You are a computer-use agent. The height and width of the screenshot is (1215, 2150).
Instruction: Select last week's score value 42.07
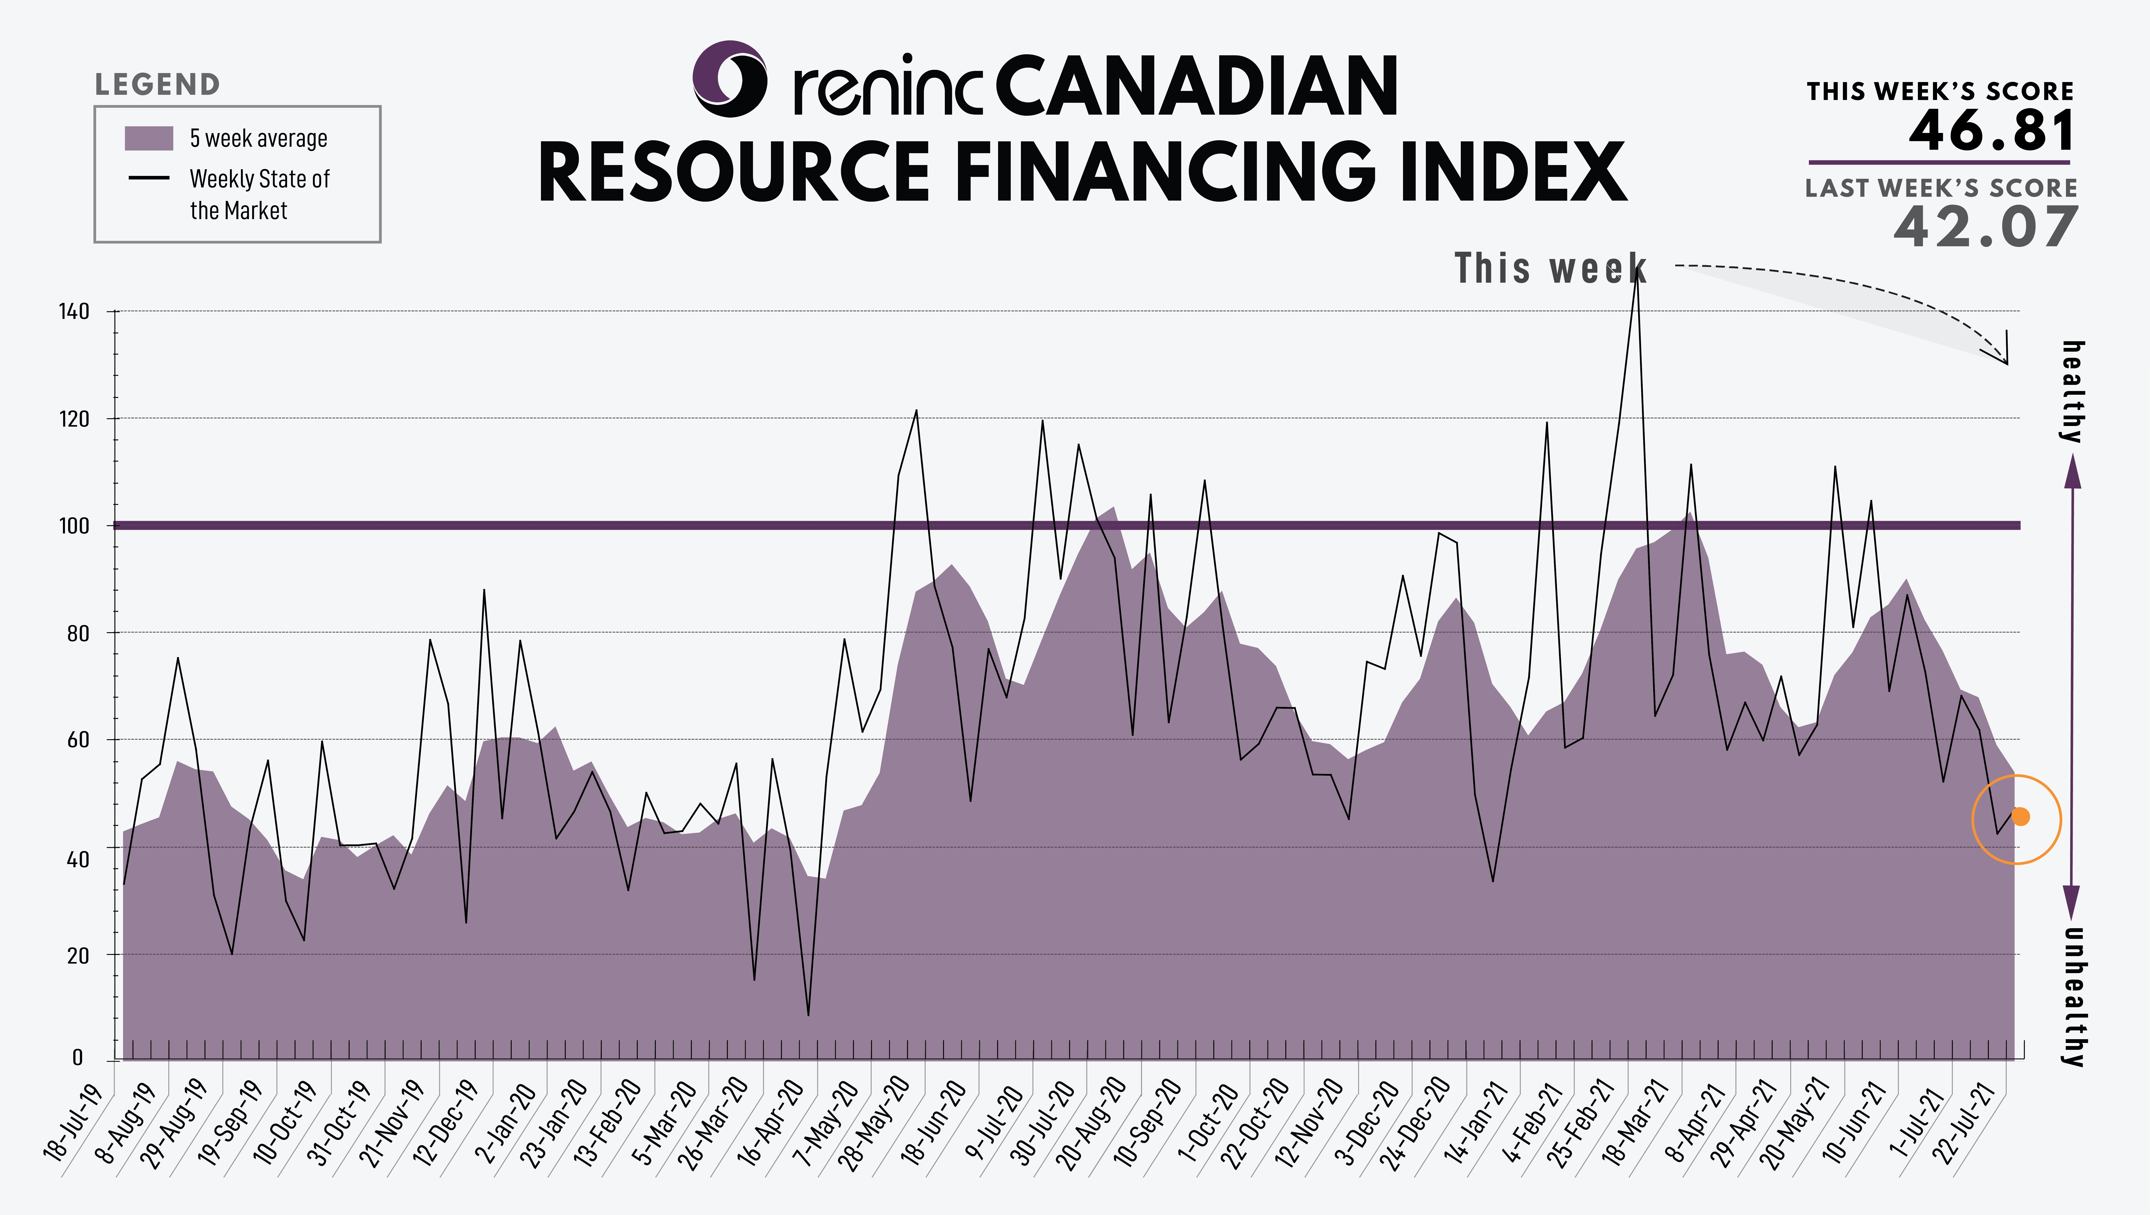coord(1985,227)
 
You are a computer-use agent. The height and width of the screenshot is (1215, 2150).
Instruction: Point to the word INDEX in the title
coord(1513,171)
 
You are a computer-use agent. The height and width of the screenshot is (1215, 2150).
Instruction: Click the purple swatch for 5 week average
coord(148,139)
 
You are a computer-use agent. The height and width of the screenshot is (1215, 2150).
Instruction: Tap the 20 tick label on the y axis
coord(78,956)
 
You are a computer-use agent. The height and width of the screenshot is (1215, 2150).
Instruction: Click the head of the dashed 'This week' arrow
coord(2006,363)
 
